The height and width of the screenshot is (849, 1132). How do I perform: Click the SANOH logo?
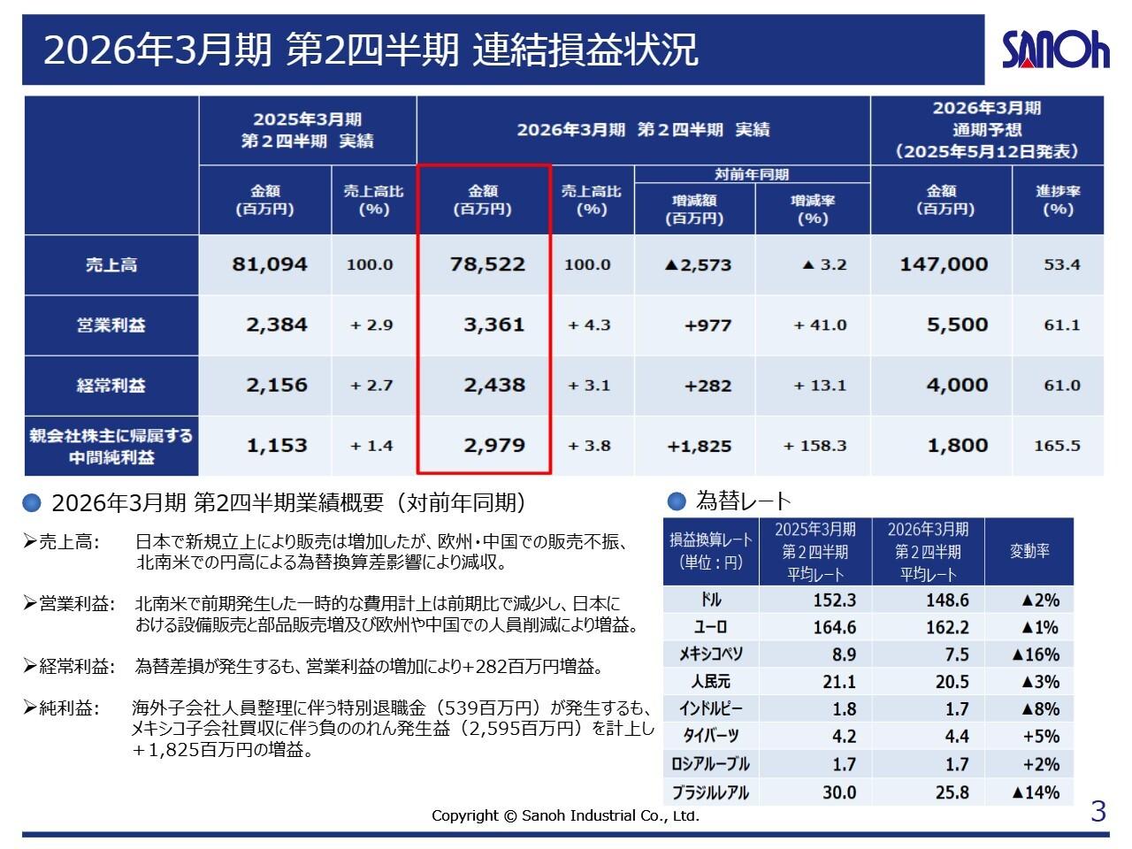(1055, 50)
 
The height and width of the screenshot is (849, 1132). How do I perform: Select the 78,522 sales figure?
(487, 264)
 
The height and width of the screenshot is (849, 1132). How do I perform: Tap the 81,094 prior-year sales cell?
(269, 264)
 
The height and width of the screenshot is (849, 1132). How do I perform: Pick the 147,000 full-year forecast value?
(944, 264)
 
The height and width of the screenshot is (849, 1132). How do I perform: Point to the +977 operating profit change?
(707, 325)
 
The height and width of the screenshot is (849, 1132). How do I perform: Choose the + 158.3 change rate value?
(815, 446)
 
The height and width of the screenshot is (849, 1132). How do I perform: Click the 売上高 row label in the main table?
(111, 264)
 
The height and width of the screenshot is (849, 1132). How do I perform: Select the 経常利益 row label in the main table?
(111, 386)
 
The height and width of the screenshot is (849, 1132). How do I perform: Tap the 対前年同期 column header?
(752, 174)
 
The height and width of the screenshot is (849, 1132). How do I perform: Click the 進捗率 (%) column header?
(1058, 200)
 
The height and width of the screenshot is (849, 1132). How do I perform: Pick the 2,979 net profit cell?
(494, 446)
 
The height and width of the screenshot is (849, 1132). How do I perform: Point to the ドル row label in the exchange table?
(711, 600)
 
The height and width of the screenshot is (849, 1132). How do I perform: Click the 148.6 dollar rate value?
(947, 600)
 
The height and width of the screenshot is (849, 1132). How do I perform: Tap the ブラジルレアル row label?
(711, 792)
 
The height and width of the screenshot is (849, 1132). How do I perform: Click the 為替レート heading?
(743, 501)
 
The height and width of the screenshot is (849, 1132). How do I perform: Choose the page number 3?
(1098, 812)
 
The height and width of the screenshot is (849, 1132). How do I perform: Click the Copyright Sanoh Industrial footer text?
(565, 815)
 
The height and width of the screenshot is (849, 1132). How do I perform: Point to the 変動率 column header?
(1029, 551)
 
